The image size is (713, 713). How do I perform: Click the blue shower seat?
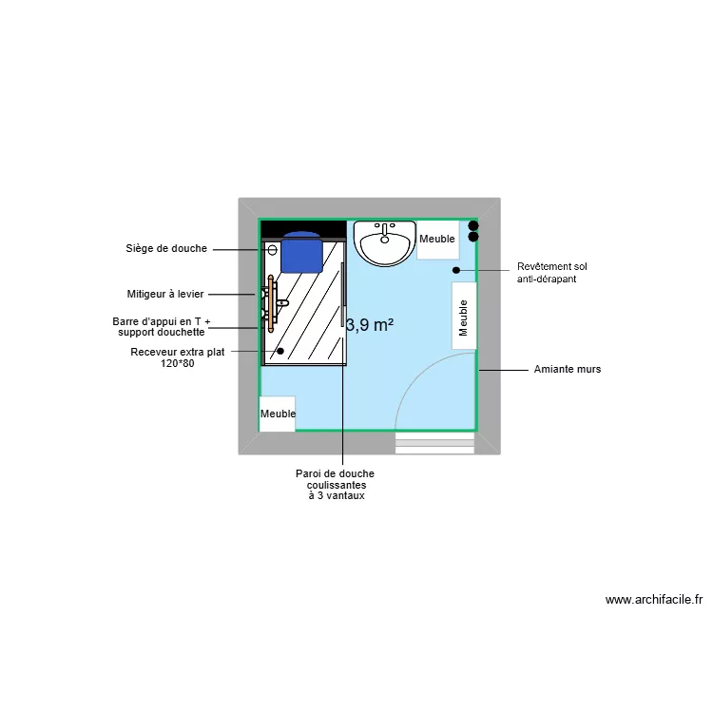[x=302, y=251]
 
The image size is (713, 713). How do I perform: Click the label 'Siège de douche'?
[x=166, y=249]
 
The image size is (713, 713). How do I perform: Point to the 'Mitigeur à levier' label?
[x=165, y=295]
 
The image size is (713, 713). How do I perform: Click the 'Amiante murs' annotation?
[x=568, y=369]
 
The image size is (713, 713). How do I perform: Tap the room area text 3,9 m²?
[x=370, y=325]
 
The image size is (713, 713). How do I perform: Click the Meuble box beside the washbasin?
[x=437, y=240]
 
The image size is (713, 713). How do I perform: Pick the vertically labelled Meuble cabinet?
[x=464, y=317]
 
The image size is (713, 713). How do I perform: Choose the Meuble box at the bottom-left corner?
[x=278, y=414]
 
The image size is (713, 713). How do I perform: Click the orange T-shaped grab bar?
[x=272, y=303]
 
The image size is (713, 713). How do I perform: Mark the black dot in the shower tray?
[x=279, y=351]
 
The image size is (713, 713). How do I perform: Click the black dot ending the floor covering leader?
[x=456, y=270]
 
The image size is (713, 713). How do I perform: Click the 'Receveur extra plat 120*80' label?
[x=178, y=357]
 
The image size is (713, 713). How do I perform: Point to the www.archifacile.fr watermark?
[x=654, y=600]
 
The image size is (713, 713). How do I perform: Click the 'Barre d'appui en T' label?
[x=162, y=327]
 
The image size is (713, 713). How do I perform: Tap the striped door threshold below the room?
[x=434, y=443]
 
